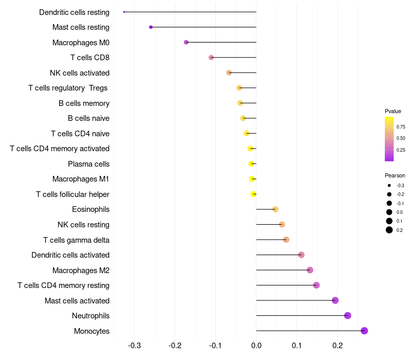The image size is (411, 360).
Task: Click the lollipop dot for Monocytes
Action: pyautogui.click(x=364, y=331)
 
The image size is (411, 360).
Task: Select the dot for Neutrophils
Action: pyautogui.click(x=347, y=316)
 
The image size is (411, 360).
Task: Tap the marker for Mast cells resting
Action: pyautogui.click(x=151, y=27)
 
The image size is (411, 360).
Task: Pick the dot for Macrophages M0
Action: pyautogui.click(x=186, y=42)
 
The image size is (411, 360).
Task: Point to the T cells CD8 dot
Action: pyautogui.click(x=211, y=57)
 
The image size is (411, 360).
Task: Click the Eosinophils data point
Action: pyautogui.click(x=275, y=209)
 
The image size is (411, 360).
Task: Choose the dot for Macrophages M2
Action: pyautogui.click(x=310, y=270)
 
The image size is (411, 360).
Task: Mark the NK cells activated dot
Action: pyautogui.click(x=229, y=73)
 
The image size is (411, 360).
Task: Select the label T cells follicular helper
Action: pyautogui.click(x=72, y=194)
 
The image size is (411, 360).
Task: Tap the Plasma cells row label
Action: pyautogui.click(x=88, y=164)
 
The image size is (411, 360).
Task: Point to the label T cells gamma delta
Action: pyautogui.click(x=76, y=240)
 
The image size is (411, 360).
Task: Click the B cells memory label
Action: pyautogui.click(x=84, y=103)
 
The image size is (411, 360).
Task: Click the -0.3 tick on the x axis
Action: pyautogui.click(x=134, y=345)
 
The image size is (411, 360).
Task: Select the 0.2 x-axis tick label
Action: pyautogui.click(x=338, y=345)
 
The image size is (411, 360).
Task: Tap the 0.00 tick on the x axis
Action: pyautogui.click(x=256, y=345)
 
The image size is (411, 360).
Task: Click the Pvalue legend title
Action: pyautogui.click(x=393, y=111)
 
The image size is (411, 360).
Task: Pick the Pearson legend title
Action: pyautogui.click(x=395, y=175)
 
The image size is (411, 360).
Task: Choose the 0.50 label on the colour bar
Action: pyautogui.click(x=401, y=138)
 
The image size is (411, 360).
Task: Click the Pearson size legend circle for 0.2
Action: pyautogui.click(x=389, y=230)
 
